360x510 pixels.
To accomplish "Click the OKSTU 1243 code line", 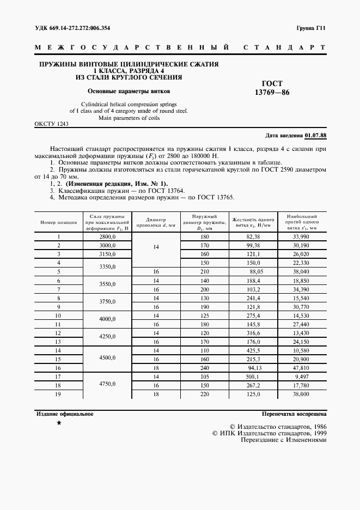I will pyautogui.click(x=51, y=124).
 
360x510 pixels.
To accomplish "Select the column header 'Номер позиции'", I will pyautogui.click(x=58, y=222).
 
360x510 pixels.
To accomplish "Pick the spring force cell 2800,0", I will pyautogui.click(x=108, y=236).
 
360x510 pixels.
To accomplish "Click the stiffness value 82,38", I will pyautogui.click(x=254, y=236).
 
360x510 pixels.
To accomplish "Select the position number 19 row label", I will pyautogui.click(x=58, y=393).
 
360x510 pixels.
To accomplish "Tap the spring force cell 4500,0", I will pyautogui.click(x=108, y=359).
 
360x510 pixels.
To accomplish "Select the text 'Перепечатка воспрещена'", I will pyautogui.click(x=294, y=414).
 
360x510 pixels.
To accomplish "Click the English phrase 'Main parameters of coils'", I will pyautogui.click(x=129, y=118).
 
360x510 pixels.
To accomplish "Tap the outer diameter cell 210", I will pyautogui.click(x=205, y=271).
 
